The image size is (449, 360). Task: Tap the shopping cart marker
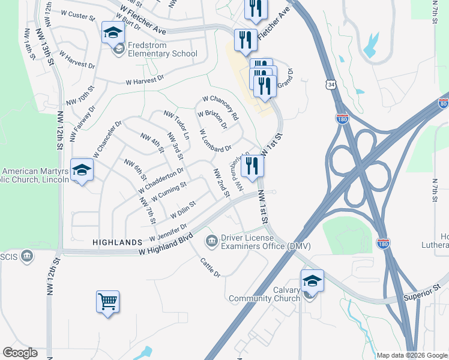(x=107, y=301)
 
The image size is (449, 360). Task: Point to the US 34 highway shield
(x=332, y=85)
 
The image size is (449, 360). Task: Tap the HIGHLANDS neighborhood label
(x=116, y=242)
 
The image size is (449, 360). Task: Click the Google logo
(x=20, y=353)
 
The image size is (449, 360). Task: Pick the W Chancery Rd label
(x=220, y=107)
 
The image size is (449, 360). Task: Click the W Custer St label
(x=78, y=14)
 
